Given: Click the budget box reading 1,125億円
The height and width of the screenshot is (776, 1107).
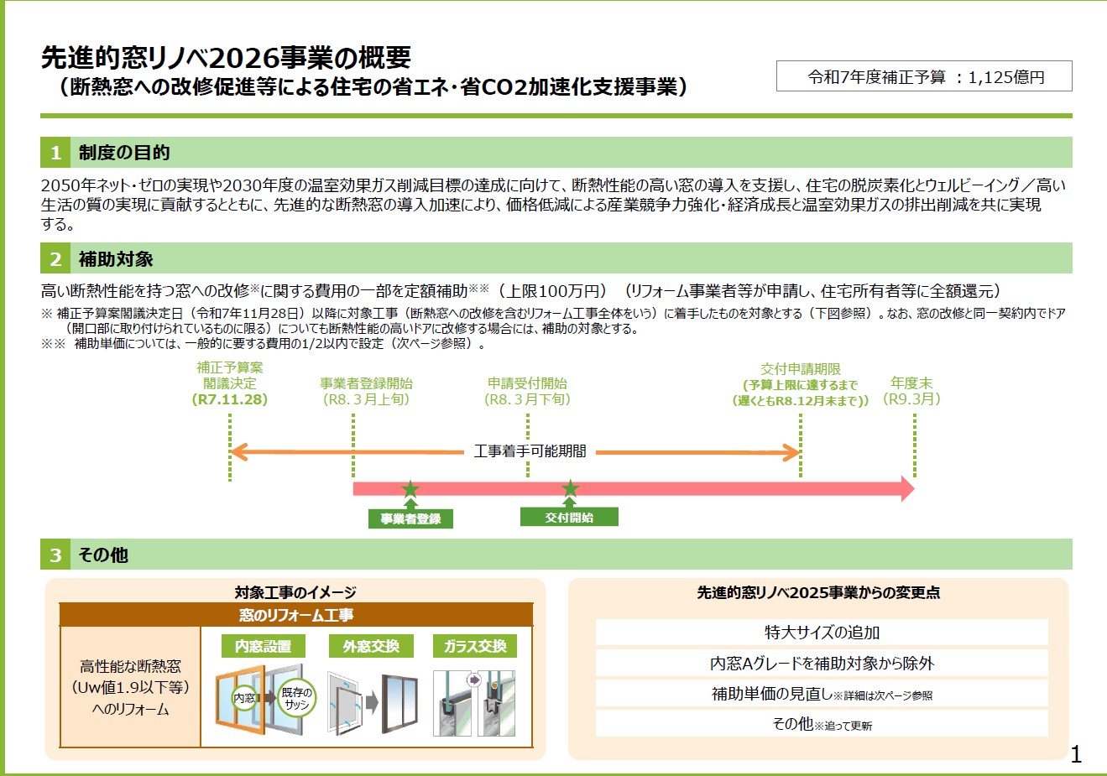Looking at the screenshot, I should coord(924,76).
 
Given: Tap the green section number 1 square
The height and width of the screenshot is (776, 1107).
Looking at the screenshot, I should coord(55,153).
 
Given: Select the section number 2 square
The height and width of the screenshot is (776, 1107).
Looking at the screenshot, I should coord(55,259).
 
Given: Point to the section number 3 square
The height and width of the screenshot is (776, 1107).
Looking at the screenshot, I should coord(55,555).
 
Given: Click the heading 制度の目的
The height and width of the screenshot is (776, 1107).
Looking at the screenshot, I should coord(124,153).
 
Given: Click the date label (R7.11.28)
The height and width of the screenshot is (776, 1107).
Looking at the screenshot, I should coord(230,400).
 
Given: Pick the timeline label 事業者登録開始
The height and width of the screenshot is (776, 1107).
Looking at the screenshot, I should coord(366,383).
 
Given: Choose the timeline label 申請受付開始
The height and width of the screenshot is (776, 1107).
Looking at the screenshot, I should coord(527,383).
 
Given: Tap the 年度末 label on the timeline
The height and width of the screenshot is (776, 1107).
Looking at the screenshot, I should coord(911,383).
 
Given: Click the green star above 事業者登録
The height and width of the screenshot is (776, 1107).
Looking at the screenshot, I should coord(410,489).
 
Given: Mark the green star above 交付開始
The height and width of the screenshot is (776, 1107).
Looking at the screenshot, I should coord(570,488).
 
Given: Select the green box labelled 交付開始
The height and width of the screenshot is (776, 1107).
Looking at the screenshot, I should coord(569,518).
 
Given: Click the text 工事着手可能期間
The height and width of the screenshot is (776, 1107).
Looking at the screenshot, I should coord(530,451).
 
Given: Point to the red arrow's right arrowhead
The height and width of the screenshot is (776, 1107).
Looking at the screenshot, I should coord(907,489).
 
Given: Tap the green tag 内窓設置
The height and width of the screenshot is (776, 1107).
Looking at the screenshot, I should coord(264,646).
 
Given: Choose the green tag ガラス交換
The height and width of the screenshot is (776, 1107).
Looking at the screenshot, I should coord(475,646).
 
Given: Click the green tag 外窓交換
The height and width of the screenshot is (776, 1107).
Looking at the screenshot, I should coord(371,646).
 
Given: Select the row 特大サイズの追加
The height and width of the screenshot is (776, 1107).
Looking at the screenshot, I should coord(822,633).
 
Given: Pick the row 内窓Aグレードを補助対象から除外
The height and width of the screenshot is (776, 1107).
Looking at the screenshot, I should coord(822,663).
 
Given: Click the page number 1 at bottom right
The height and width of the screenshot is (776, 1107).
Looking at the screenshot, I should coord(1076,754).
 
